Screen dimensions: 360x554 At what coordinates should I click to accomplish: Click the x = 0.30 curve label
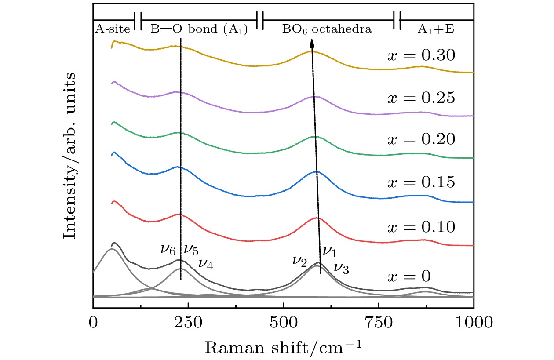(420, 56)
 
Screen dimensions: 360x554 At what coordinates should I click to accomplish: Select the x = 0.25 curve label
(420, 98)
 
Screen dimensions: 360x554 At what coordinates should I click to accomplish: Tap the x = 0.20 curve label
(420, 139)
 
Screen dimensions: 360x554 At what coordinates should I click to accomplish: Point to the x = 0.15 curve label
(420, 182)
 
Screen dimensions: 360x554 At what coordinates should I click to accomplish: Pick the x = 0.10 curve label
(420, 227)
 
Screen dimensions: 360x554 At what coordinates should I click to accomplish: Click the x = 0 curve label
(409, 276)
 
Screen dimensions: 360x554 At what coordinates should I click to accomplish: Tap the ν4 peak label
(206, 263)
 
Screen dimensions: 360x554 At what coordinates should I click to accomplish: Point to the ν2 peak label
(299, 261)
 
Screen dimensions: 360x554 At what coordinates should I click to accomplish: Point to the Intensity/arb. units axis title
(69, 156)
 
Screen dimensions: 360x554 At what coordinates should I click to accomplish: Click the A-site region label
(113, 30)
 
